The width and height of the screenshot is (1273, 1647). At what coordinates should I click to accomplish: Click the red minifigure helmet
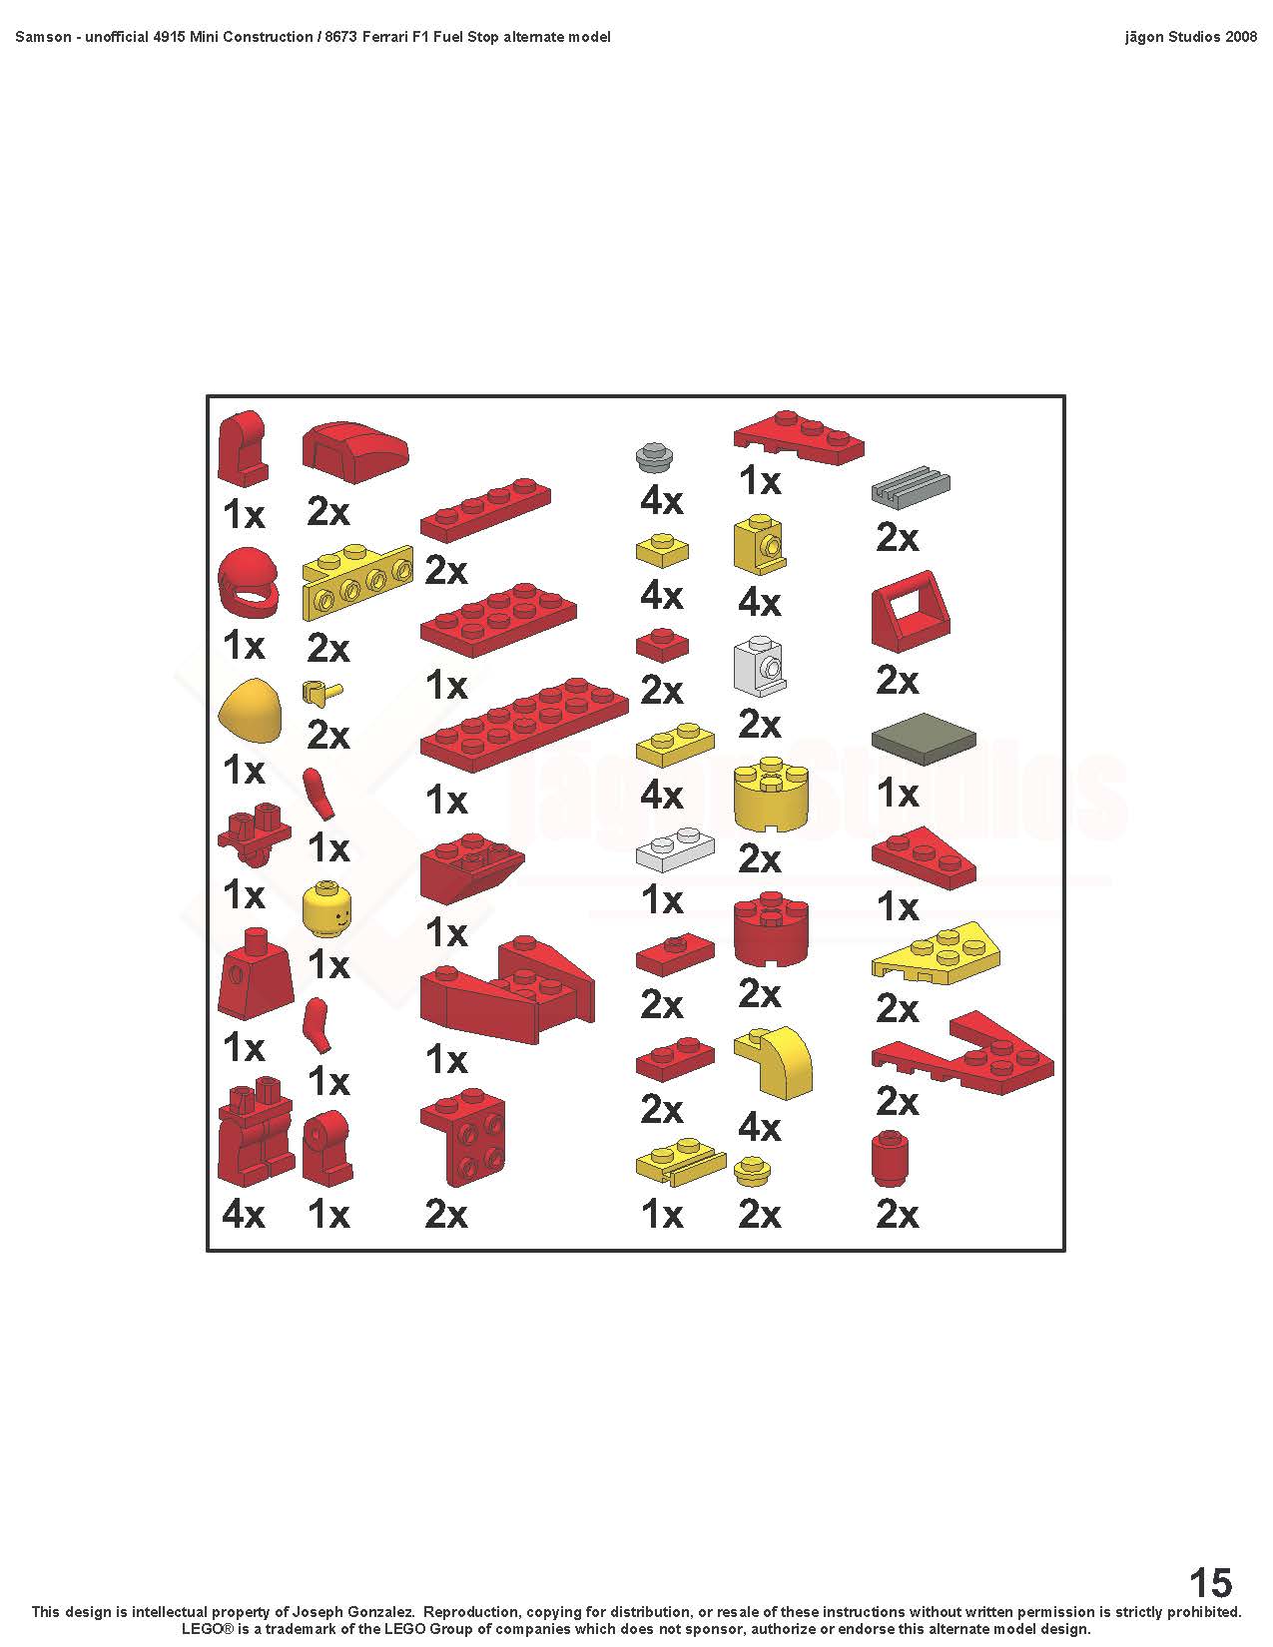[x=248, y=583]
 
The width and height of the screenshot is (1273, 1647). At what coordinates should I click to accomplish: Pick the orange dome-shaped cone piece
[x=251, y=714]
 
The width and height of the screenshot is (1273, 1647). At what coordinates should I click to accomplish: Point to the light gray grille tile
[x=911, y=485]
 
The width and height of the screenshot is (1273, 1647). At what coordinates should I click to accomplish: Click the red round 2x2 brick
[x=771, y=930]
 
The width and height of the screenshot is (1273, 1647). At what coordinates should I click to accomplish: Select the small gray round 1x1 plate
[x=656, y=456]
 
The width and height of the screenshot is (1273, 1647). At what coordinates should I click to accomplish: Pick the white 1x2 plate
[x=675, y=848]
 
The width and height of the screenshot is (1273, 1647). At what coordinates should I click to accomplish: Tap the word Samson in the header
[x=43, y=36]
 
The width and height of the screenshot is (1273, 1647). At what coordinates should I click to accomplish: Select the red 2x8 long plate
[x=524, y=726]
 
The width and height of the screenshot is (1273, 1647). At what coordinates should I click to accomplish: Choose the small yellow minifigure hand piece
[x=321, y=691]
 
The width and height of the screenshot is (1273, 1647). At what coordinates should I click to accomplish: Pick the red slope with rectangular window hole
[x=911, y=612]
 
